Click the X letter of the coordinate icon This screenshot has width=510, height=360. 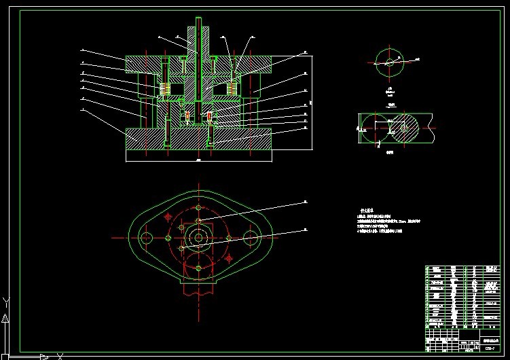click(60, 355)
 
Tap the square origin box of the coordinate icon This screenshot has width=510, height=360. click(5, 355)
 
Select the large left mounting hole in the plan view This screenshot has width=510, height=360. click(145, 238)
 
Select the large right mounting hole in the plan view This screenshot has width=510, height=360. click(251, 238)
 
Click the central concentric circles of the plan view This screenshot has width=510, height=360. click(198, 237)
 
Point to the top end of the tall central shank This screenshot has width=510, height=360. click(198, 19)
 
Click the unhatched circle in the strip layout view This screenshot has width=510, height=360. click(374, 128)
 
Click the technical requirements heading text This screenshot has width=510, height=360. click(366, 211)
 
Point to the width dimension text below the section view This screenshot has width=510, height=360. click(198, 162)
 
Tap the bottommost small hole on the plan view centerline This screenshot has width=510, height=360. click(198, 268)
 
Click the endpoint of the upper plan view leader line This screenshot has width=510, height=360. click(305, 202)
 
